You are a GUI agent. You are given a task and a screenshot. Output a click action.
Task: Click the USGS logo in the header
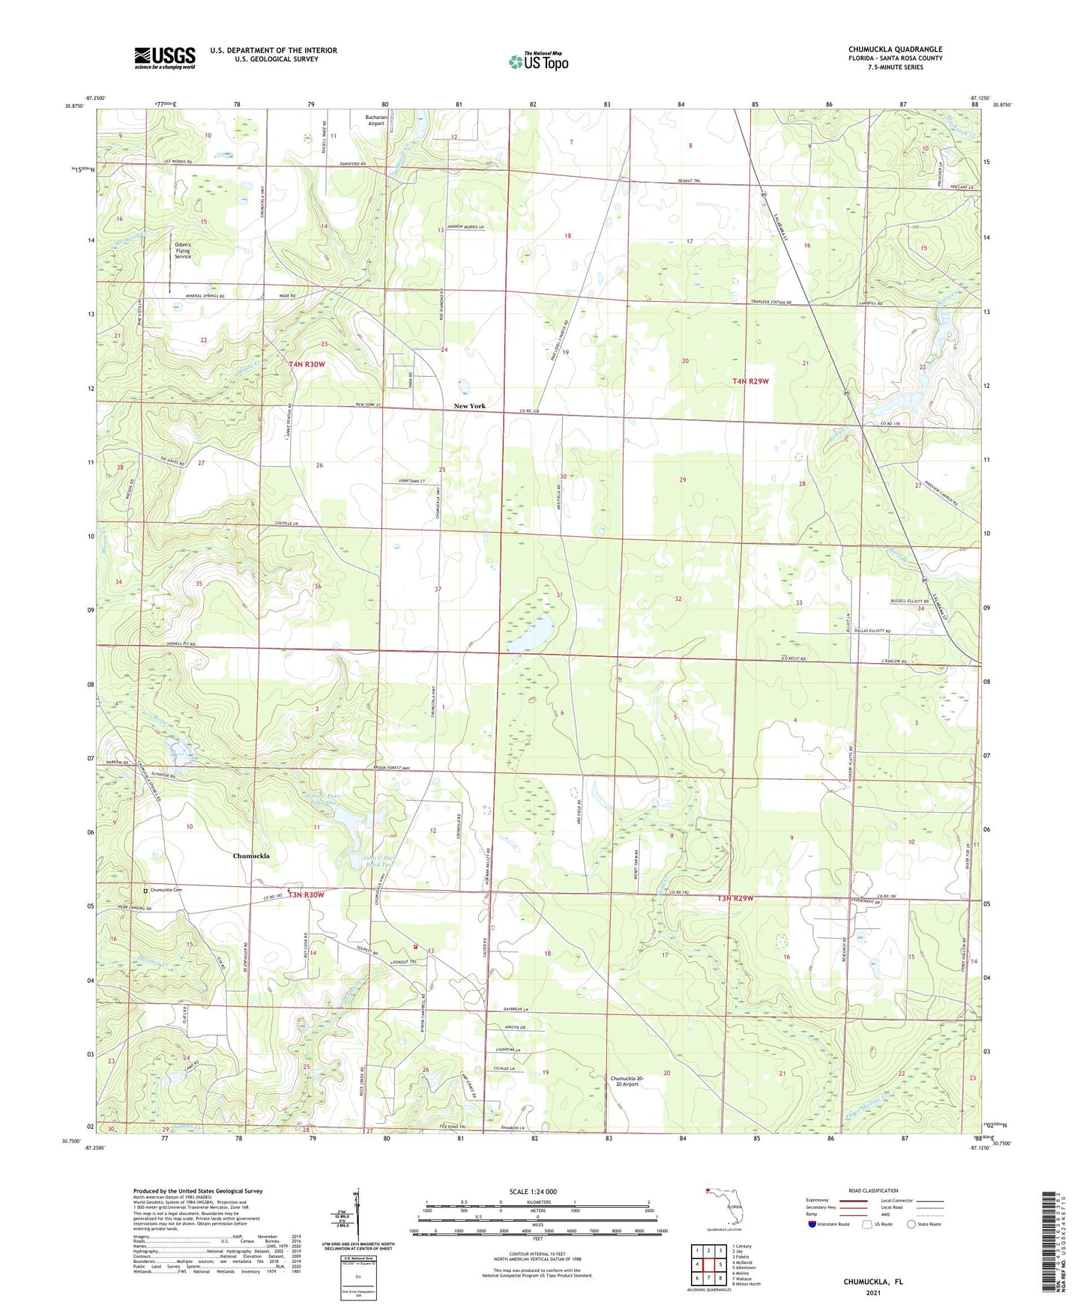[x=165, y=58]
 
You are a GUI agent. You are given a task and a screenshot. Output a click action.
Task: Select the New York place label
[x=469, y=406]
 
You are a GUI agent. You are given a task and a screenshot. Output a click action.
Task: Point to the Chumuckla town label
[x=250, y=856]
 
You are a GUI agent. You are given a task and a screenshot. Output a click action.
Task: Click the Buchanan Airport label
[x=375, y=120]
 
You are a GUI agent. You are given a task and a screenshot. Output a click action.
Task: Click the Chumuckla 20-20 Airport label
[x=627, y=1081]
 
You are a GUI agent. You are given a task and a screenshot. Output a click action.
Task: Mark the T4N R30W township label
[x=307, y=364]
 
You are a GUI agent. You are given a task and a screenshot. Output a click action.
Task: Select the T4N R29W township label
[x=750, y=381]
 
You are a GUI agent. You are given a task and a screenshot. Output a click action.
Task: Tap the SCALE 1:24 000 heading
[x=533, y=1191]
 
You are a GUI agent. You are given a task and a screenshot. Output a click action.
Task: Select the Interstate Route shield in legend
[x=812, y=1224]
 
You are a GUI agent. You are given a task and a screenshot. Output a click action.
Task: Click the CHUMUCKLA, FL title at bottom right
[x=873, y=1282]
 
